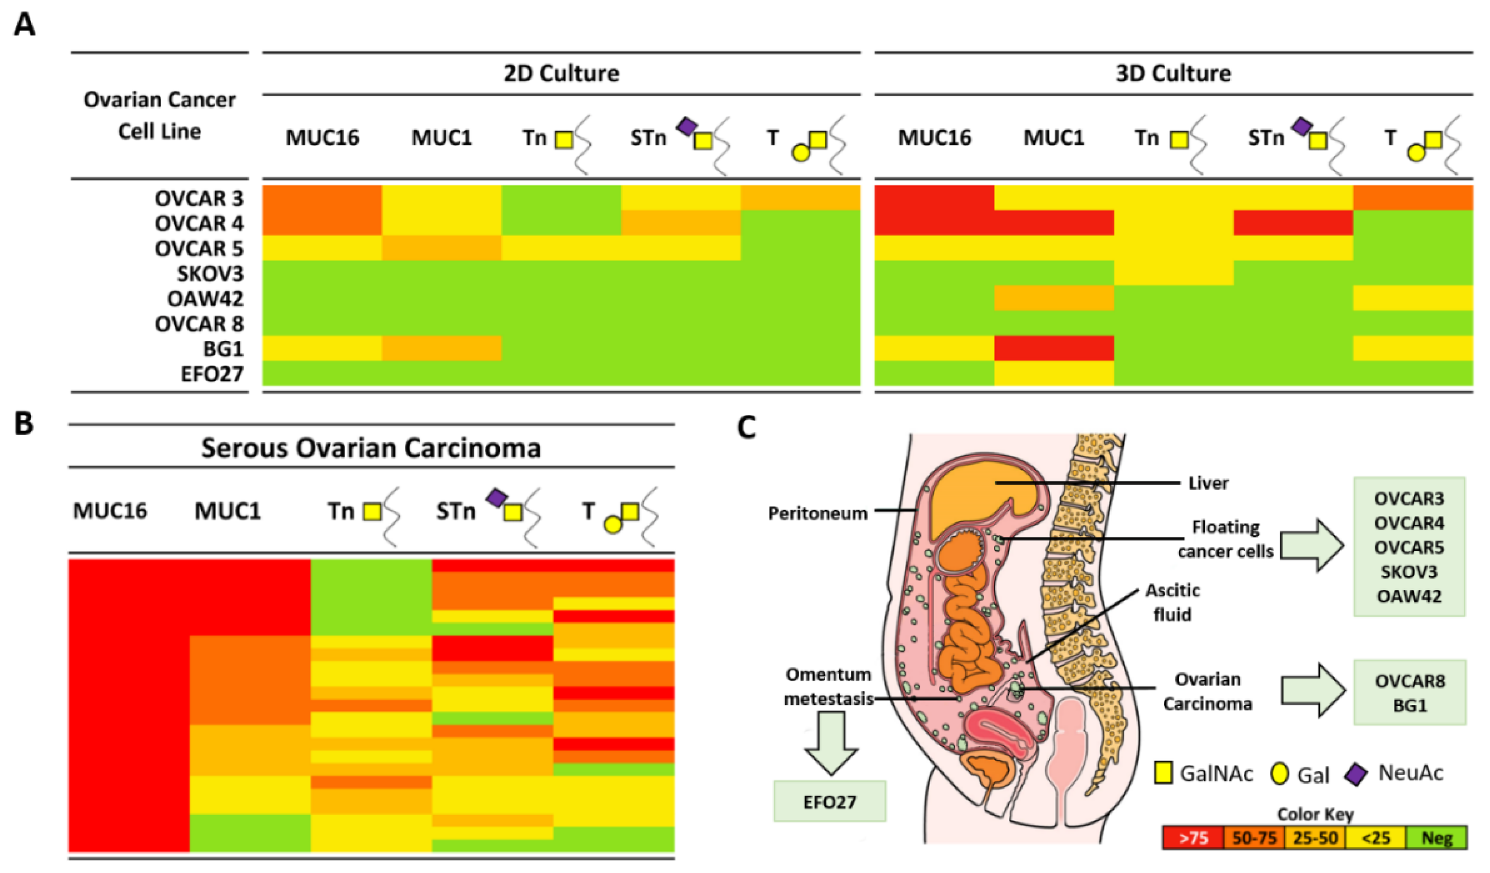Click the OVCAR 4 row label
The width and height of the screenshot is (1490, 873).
(x=199, y=224)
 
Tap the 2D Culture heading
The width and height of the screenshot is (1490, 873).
(x=561, y=73)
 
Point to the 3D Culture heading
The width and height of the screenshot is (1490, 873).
(x=1173, y=73)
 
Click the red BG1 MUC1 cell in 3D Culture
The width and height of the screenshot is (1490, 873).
(x=1054, y=348)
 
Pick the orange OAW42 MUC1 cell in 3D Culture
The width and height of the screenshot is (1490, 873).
(x=1054, y=298)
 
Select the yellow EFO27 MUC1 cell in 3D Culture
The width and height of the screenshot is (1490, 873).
(x=1054, y=373)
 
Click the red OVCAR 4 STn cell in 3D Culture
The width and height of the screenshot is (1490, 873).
(x=1293, y=223)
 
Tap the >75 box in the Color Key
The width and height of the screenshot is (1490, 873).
(x=1193, y=838)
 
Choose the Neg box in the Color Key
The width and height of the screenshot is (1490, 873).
(x=1437, y=838)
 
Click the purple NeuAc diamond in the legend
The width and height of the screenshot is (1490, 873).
(x=1356, y=774)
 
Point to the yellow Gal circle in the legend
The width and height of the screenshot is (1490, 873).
(x=1280, y=774)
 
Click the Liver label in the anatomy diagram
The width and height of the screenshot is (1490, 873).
(x=1208, y=483)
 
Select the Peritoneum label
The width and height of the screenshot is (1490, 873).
(x=817, y=513)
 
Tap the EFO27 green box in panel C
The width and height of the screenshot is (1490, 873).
(x=830, y=802)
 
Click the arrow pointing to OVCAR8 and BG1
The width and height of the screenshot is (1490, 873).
(x=1313, y=692)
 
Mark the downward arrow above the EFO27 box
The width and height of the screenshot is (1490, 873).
(x=831, y=743)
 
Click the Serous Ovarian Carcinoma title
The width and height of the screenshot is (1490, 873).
(x=371, y=448)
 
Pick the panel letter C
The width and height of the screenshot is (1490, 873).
(x=747, y=427)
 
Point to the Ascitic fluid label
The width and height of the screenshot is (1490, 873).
(x=1172, y=602)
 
